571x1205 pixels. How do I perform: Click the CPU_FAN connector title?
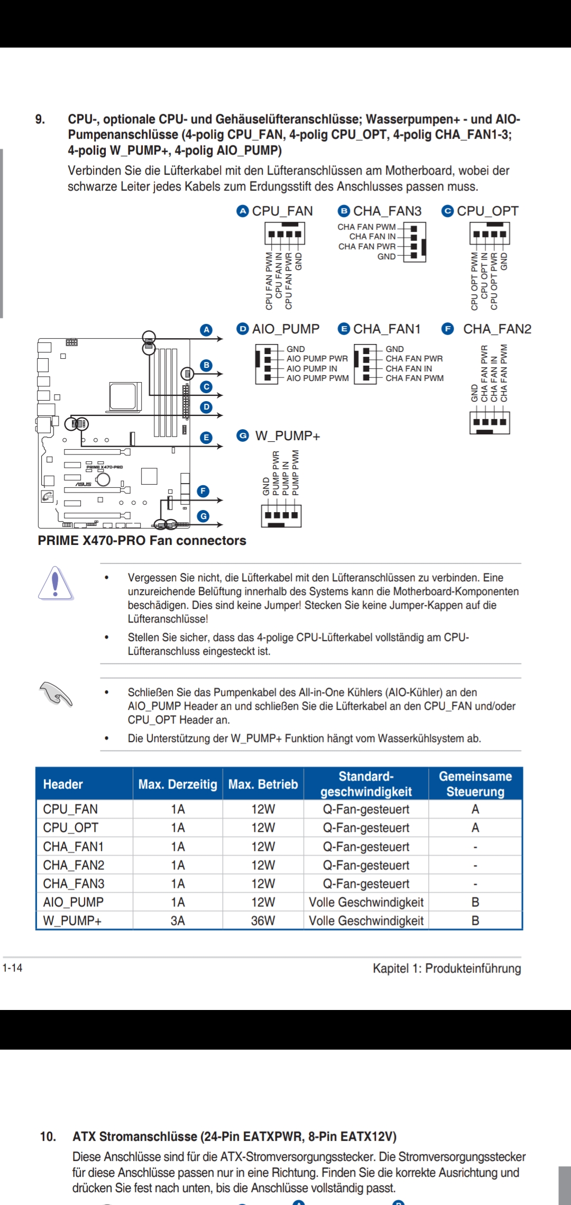[x=282, y=211]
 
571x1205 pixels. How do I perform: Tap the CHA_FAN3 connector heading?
[x=387, y=211]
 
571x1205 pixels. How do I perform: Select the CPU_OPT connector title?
[x=487, y=211]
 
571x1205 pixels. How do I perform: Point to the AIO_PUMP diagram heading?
[x=285, y=329]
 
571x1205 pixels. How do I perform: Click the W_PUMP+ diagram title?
[x=288, y=436]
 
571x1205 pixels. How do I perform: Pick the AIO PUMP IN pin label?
[x=312, y=368]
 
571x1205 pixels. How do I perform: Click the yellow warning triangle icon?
[x=56, y=583]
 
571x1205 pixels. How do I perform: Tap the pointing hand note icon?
[x=56, y=693]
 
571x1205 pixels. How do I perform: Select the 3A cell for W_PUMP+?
[x=178, y=921]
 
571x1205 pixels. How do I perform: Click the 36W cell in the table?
[x=263, y=921]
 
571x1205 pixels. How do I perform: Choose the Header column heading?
[x=63, y=784]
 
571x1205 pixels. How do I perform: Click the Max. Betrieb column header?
[x=263, y=784]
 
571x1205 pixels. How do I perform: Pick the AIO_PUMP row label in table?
[x=73, y=902]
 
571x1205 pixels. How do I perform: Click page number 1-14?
[x=12, y=968]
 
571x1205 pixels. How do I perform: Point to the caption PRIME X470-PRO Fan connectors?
[x=142, y=541]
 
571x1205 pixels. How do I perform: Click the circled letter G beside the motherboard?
[x=203, y=516]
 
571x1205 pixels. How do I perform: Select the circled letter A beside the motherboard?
[x=206, y=330]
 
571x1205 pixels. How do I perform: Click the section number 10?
[x=48, y=1136]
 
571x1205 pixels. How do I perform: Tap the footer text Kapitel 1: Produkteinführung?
[x=447, y=968]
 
